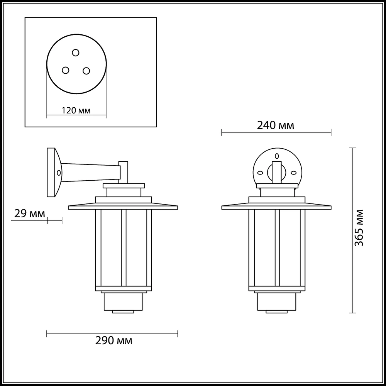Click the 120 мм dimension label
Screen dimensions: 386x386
[76, 110]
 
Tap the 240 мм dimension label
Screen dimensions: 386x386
[276, 125]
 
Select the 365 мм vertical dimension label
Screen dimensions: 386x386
[359, 228]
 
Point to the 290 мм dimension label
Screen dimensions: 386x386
[114, 341]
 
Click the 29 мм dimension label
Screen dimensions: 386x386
[30, 213]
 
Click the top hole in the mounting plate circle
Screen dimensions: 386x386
[76, 52]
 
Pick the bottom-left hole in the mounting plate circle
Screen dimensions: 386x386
[66, 70]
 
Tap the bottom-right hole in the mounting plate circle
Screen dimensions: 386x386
[86, 71]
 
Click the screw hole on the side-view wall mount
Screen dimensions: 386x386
[59, 173]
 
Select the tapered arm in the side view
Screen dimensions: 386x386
[91, 173]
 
